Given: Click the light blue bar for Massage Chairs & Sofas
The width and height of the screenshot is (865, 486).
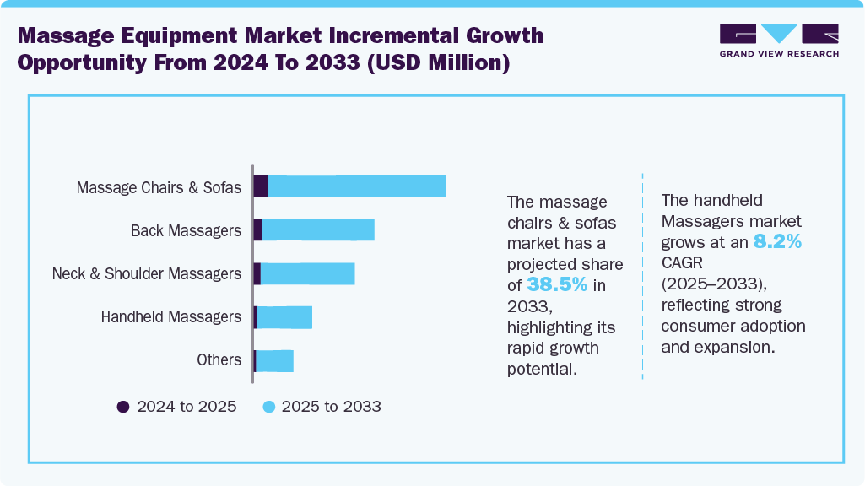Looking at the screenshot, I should pos(356,186).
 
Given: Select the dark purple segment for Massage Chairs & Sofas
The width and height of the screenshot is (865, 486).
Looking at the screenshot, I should pos(261,186).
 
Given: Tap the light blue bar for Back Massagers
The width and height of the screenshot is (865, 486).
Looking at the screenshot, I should pos(317,229).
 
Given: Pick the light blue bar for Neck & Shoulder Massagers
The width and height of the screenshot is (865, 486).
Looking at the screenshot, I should pos(307,273).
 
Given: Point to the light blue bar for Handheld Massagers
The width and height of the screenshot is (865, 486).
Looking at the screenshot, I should pos(284,317).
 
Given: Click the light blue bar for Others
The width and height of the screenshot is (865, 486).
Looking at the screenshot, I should pos(274,360).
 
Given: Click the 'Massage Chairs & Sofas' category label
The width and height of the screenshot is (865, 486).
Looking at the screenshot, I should pos(159,187).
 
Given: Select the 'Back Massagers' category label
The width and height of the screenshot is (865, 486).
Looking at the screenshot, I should pos(186,230).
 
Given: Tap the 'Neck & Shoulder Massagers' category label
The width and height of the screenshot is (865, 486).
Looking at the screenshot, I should pos(147,274).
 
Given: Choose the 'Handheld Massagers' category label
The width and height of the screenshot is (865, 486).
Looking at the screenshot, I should pos(171,317).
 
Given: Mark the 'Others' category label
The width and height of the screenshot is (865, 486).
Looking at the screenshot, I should pos(219,360).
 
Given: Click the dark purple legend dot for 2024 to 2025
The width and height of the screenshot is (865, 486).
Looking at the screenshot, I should pos(123,407).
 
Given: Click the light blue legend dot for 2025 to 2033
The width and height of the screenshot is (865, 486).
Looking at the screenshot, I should pos(268,407).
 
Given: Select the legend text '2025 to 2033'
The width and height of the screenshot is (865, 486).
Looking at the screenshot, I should pos(331,407).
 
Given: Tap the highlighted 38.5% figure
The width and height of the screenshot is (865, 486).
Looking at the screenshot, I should pos(557,285).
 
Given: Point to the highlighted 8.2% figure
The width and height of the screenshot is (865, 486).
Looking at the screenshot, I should pos(777,242).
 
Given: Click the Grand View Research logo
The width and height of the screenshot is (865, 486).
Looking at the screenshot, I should pos(779,40).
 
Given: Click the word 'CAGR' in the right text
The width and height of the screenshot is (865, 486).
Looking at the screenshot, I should pos(683,263).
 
